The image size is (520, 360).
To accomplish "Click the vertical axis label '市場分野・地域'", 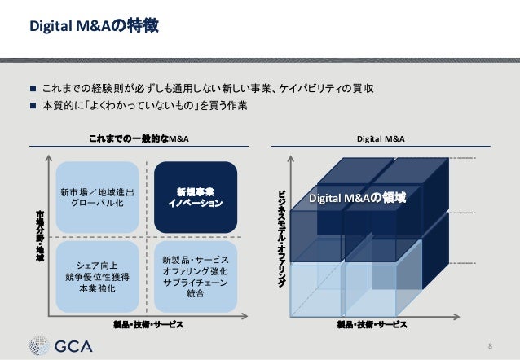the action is tap(40, 236).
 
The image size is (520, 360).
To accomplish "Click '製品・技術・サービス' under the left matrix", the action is tap(148, 324).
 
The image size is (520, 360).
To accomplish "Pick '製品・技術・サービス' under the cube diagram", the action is tap(372, 324).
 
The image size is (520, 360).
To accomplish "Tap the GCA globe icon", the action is tap(42, 345).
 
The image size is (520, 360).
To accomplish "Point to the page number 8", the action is tap(489, 346).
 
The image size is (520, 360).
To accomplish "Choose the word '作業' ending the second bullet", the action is tap(236, 106).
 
